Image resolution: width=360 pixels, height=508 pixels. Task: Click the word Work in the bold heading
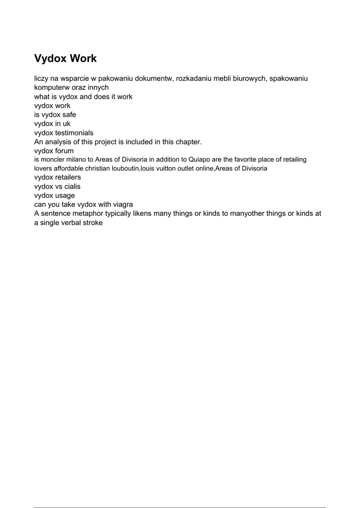tap(83, 59)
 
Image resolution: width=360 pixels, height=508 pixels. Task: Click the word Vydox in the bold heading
tap(51, 59)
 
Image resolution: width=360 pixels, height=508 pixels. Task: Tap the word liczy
tap(43, 79)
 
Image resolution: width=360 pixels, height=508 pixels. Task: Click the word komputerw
tap(52, 88)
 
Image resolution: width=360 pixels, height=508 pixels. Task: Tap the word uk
tap(67, 124)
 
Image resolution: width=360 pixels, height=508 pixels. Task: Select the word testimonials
tap(74, 133)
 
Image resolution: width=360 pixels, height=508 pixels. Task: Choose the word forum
tap(65, 151)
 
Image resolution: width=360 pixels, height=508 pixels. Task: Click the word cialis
tap(72, 187)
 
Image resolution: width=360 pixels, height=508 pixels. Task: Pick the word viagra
tap(122, 204)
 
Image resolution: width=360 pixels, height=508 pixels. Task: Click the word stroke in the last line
tap(90, 223)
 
